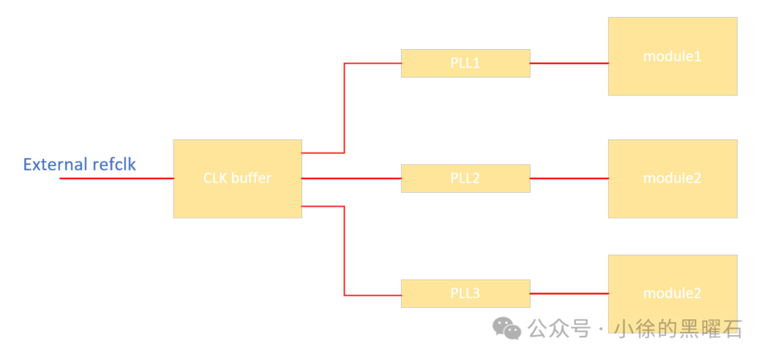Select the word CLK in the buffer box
[215, 178]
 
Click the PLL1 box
[465, 63]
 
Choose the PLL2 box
[465, 178]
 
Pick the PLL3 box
[465, 293]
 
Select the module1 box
[672, 56]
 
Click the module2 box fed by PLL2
[672, 178]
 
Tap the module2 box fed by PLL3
[672, 285]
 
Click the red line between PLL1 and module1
[569, 63]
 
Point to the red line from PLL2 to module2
[569, 178]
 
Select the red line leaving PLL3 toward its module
[569, 293]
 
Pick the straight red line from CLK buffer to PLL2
[351, 178]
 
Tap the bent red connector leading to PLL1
[345, 107]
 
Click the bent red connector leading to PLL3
[345, 249]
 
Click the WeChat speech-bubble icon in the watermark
[508, 328]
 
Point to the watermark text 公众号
[559, 329]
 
